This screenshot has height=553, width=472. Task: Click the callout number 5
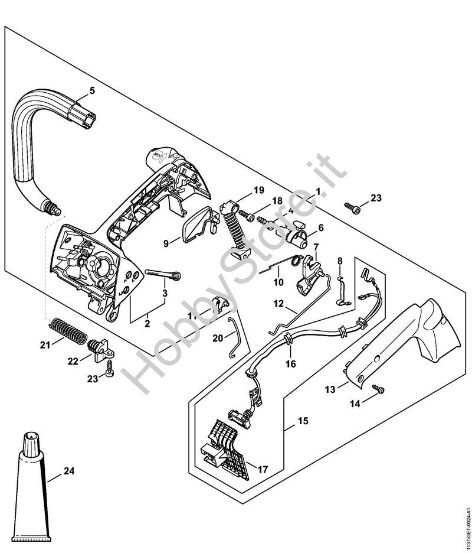coord(91,90)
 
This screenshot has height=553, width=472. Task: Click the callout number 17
coord(263,470)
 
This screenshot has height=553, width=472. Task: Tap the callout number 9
coord(166,243)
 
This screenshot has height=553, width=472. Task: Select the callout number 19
coord(258,190)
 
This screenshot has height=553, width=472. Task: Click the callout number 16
coord(290,364)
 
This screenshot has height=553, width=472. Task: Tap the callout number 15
coord(303,421)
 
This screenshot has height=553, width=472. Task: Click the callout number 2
coord(147,323)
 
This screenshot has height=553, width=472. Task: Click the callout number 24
coord(69,471)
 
